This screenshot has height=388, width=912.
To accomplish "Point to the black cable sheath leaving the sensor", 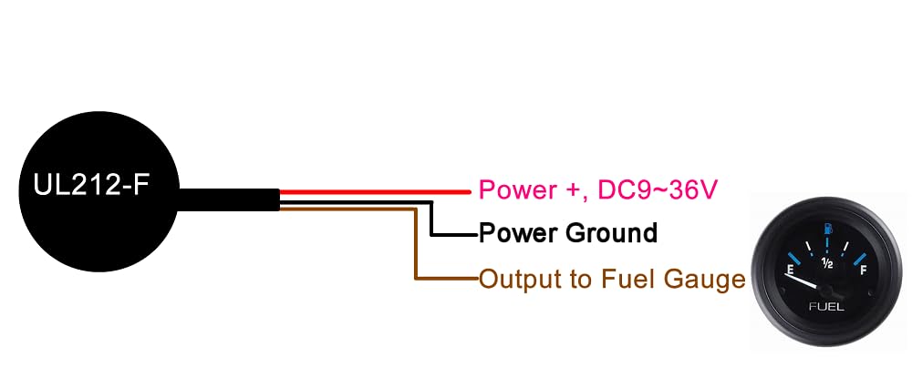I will pyautogui.click(x=228, y=198).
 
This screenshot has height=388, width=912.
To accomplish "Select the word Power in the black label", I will pyautogui.click(x=519, y=233).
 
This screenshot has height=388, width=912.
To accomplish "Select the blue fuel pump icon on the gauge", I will pyautogui.click(x=826, y=228).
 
